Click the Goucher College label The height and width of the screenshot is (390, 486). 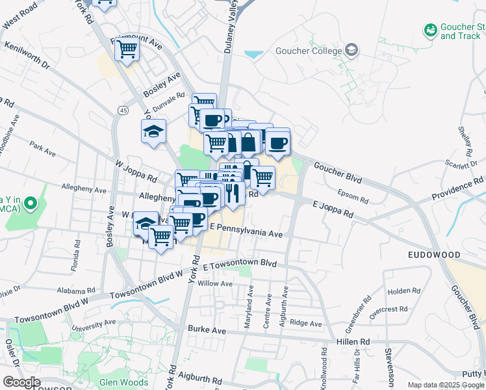[308, 51]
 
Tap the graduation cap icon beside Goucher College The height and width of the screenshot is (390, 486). [352, 50]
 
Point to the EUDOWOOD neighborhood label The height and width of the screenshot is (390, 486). [433, 255]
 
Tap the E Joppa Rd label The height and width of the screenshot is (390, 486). [333, 209]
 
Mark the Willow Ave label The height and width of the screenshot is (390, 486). [215, 284]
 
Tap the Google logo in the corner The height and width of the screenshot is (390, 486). [21, 382]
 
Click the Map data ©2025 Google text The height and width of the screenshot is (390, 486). [445, 385]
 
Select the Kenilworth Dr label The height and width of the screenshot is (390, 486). [27, 56]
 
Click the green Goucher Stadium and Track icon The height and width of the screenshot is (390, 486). [429, 30]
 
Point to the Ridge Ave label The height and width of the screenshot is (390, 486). [306, 323]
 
